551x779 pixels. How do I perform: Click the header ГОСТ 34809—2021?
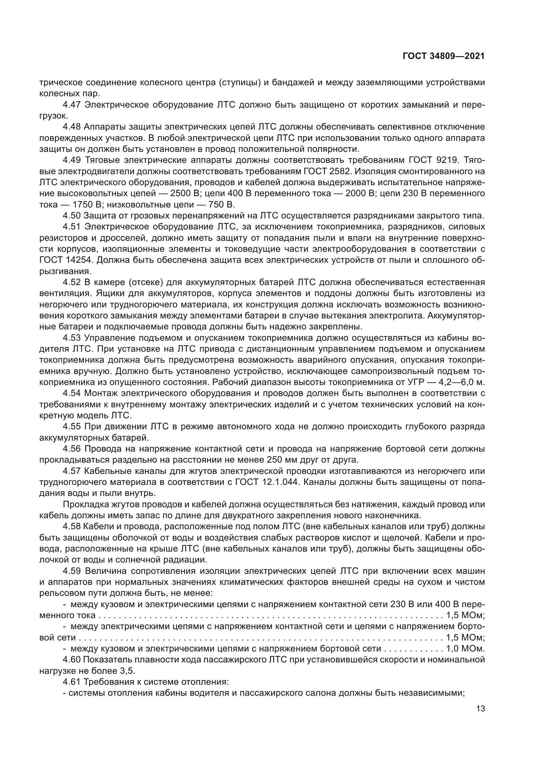click(443, 56)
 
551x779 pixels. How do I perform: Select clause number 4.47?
click(72, 105)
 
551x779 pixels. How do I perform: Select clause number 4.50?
click(72, 216)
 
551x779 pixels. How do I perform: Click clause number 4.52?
click(72, 282)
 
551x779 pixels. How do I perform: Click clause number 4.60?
click(72, 660)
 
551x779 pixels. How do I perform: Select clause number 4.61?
click(72, 682)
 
